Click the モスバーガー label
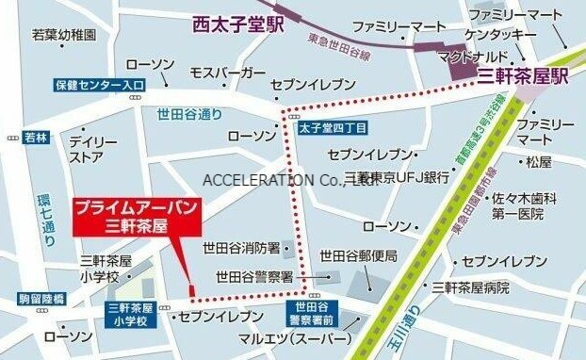[227, 73]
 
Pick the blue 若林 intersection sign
[37, 138]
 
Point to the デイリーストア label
[86, 149]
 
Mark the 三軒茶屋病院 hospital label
[469, 286]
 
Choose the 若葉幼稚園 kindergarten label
[65, 35]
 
